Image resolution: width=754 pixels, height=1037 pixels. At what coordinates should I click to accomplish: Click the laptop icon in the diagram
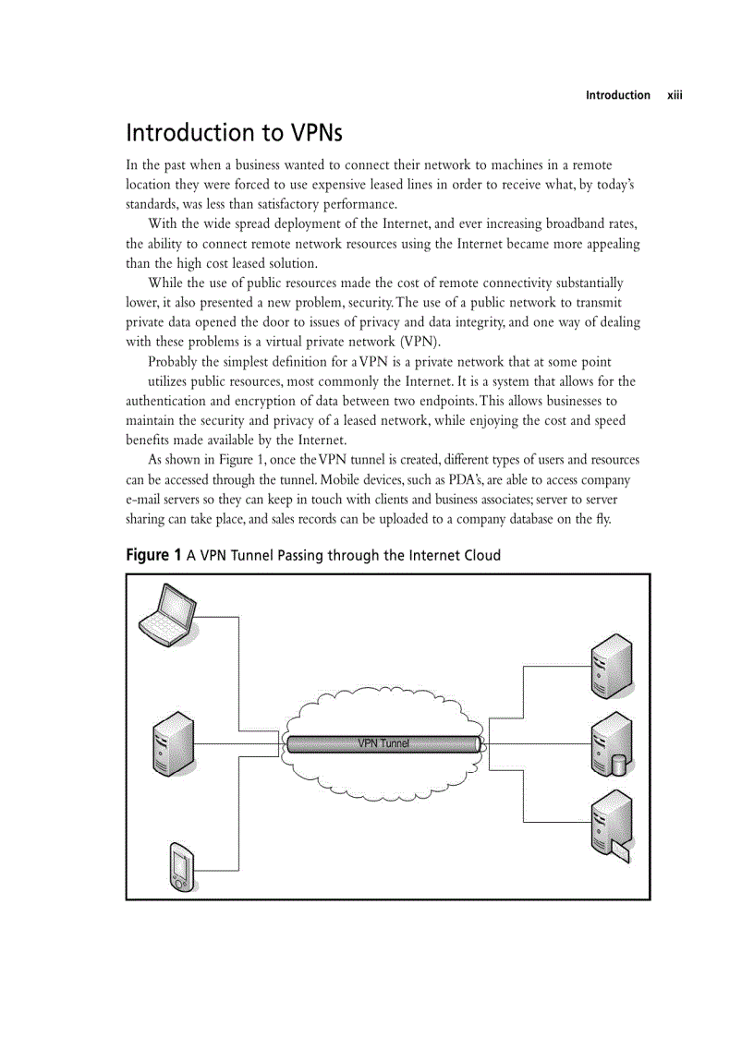coord(166,614)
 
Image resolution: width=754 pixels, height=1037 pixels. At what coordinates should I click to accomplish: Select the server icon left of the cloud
coord(173,743)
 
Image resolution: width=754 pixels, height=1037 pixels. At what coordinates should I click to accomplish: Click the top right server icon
coord(612,666)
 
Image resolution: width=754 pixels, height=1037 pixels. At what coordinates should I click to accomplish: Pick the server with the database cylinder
coord(611,745)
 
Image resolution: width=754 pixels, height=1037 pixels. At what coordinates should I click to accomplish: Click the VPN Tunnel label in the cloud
coord(383,743)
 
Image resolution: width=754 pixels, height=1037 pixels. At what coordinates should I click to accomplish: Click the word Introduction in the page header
coord(617,95)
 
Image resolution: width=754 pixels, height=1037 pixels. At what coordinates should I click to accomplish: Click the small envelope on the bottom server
coord(620,850)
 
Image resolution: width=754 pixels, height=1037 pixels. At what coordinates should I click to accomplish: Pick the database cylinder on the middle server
coord(618,765)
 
